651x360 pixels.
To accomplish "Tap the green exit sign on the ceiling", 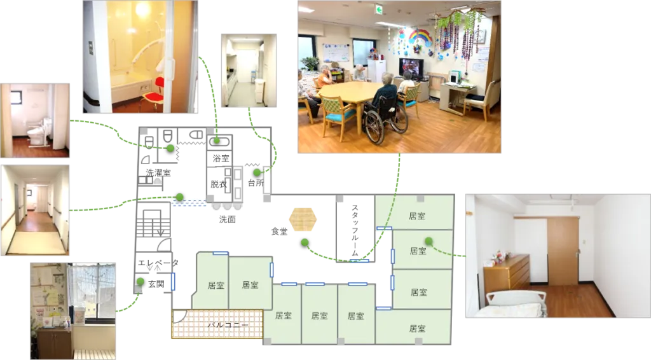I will coord(379,9).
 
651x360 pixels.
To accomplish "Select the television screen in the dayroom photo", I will coord(410,66).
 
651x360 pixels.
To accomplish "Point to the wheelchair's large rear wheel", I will coord(374,127).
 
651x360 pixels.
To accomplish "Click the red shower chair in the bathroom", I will coord(153,93).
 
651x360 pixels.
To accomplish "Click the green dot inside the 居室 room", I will coord(428,241).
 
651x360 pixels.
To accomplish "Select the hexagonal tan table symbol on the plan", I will coord(303,218).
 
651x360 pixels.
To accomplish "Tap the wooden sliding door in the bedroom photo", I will coord(563,251).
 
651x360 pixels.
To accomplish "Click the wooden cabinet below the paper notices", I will coord(54,342).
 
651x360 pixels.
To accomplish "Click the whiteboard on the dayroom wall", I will coord(336,52).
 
